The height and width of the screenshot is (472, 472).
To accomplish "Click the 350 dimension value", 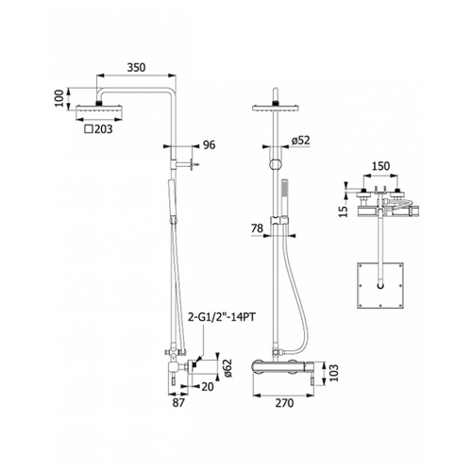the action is point(136,67).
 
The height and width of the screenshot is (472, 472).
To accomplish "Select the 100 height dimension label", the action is point(59,98).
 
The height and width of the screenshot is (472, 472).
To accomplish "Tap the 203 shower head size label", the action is point(103,129).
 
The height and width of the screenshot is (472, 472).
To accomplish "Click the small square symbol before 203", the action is point(89,129).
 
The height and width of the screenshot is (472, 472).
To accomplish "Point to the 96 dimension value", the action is point(210,144).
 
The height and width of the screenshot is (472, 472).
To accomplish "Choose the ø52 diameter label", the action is point(300,141).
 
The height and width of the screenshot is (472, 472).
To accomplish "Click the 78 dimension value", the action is point(257,228).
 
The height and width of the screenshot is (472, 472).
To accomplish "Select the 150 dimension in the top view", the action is point(380,166).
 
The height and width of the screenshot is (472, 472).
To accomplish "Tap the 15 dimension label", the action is point(345,211).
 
